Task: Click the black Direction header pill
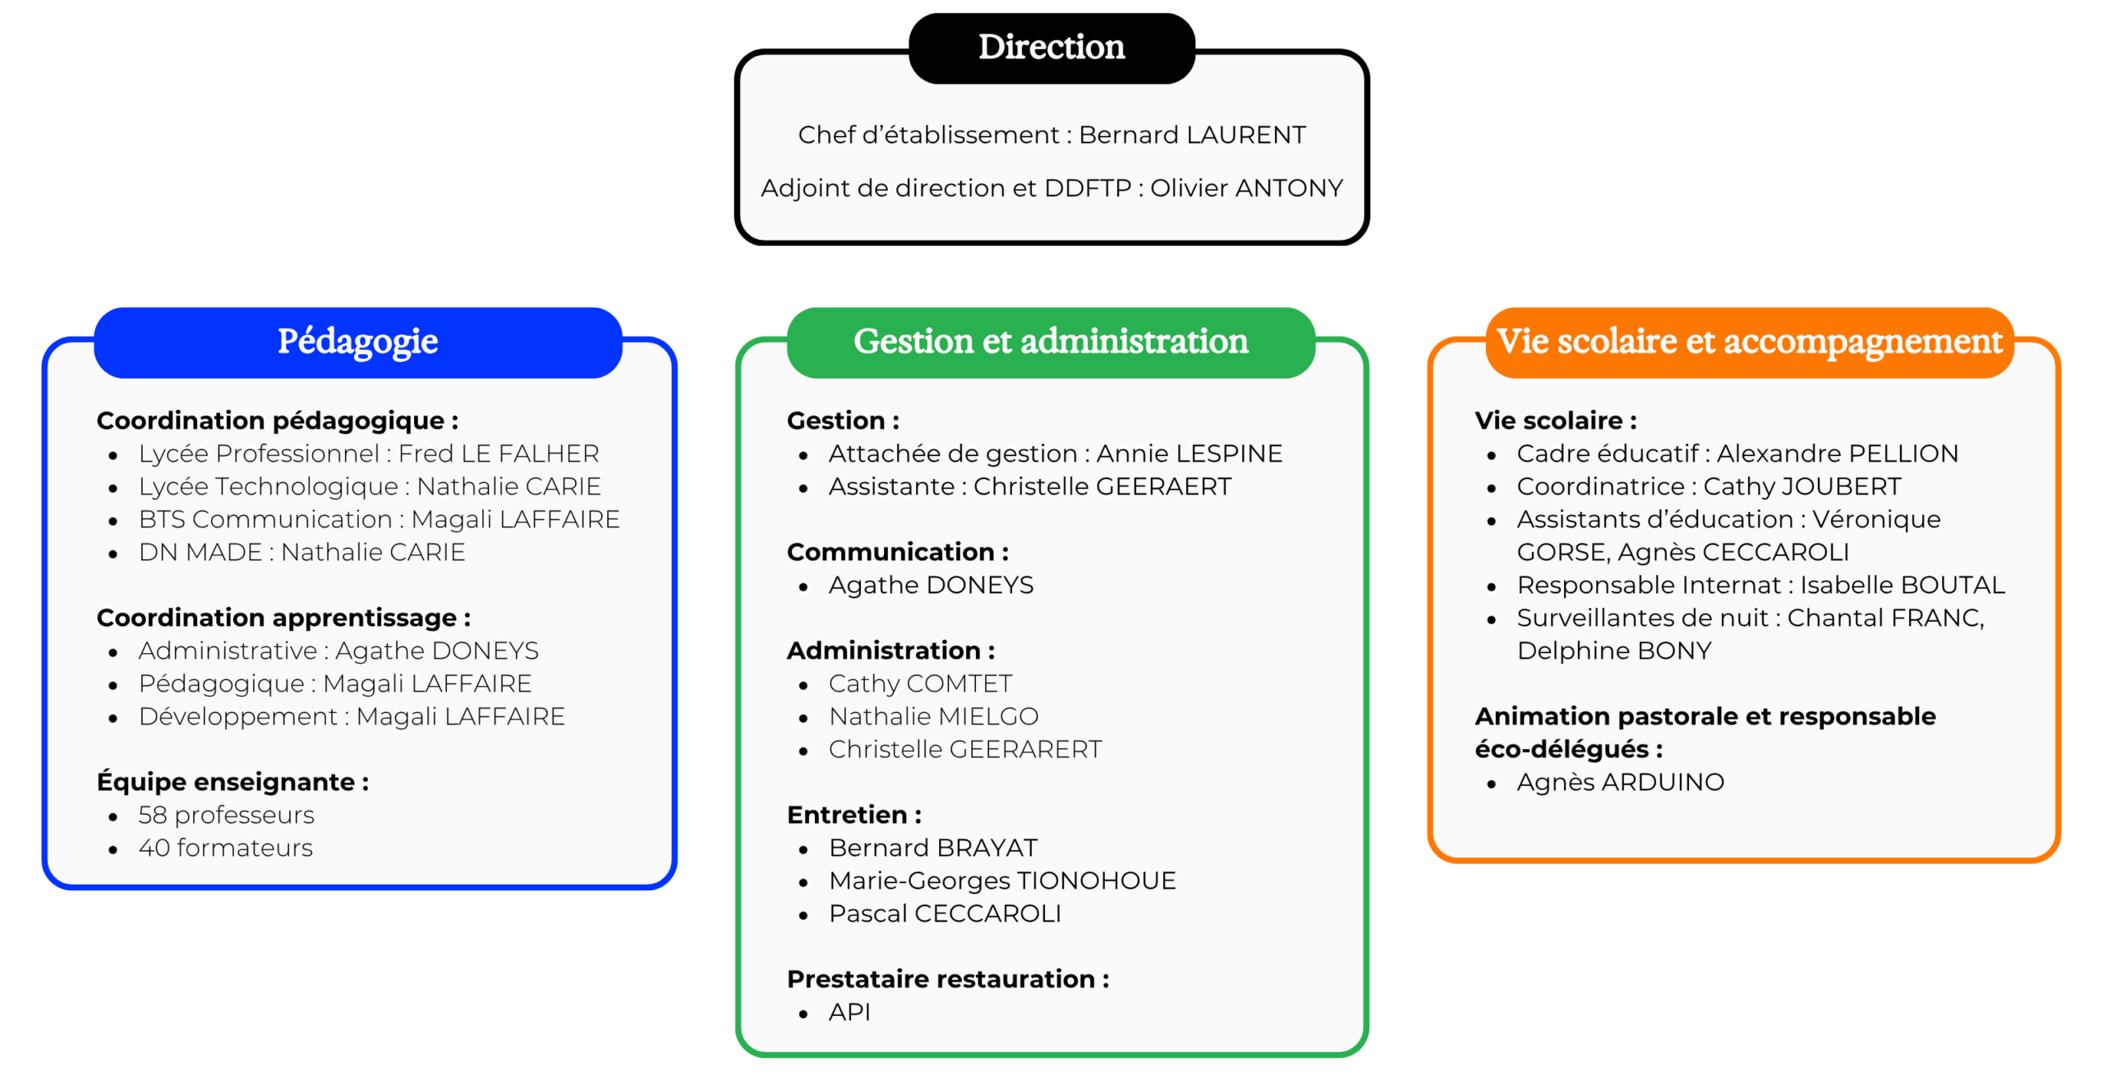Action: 1051,48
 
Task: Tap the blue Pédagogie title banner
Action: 357,342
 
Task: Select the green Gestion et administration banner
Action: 1051,342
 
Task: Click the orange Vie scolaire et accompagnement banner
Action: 1749,342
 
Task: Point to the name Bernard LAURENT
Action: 1191,135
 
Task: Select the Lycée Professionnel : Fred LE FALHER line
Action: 368,453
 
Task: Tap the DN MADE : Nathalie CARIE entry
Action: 301,552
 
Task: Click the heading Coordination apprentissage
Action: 283,618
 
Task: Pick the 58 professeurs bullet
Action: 226,815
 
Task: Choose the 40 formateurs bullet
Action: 225,848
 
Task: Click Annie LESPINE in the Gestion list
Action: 1189,453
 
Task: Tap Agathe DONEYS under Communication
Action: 931,585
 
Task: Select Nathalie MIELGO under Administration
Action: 933,716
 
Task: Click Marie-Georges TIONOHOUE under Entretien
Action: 1002,881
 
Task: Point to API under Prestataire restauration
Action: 849,1012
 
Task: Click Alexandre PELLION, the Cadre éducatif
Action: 1837,453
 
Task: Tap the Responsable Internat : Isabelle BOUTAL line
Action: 1760,585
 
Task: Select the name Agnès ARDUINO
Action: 1620,782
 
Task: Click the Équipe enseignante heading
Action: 232,782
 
